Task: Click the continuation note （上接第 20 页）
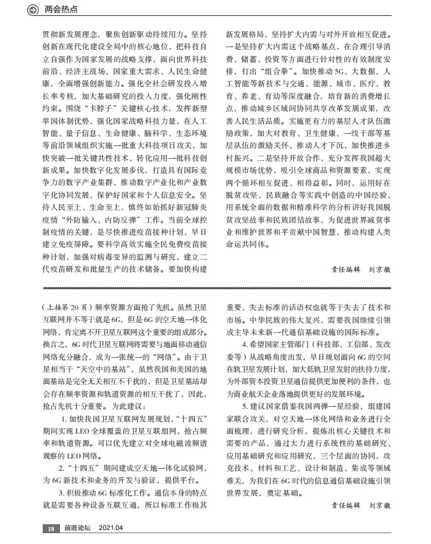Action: coord(66,307)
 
